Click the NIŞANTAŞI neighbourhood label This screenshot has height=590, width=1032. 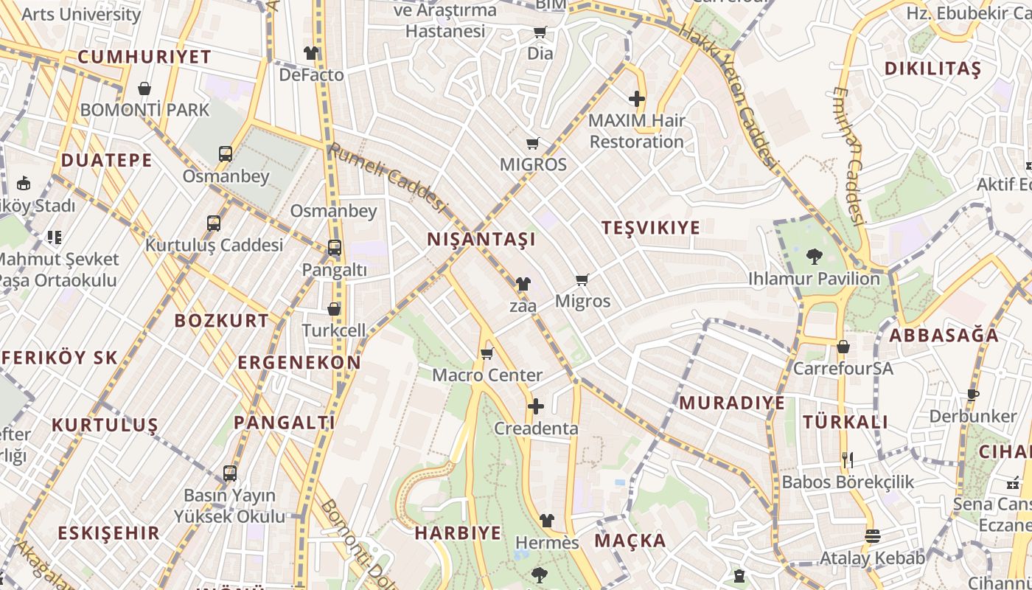click(x=481, y=240)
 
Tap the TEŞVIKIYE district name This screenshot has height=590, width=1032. click(x=650, y=228)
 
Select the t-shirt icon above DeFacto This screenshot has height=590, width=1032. click(x=311, y=53)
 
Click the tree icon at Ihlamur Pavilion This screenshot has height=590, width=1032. click(x=815, y=257)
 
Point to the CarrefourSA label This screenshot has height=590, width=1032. click(x=843, y=367)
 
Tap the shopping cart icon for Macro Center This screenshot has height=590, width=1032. click(x=487, y=353)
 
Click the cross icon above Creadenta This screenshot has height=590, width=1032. click(x=536, y=406)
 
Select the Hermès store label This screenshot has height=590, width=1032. click(x=547, y=543)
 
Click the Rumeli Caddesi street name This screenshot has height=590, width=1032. click(x=388, y=177)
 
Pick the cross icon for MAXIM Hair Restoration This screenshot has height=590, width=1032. click(x=637, y=98)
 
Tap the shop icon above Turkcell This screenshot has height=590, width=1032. click(x=334, y=309)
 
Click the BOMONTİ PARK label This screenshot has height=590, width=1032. click(x=144, y=110)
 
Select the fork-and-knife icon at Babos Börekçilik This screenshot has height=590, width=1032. click(x=848, y=460)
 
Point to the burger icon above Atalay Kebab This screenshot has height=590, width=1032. click(x=873, y=536)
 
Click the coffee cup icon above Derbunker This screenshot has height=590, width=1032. click(x=973, y=395)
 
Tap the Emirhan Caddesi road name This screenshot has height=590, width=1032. click(x=848, y=155)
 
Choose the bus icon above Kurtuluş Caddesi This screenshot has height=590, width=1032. click(x=214, y=223)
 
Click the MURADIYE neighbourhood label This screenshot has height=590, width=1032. click(x=732, y=403)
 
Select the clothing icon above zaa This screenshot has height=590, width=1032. click(x=523, y=283)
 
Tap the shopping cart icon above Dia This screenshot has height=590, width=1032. click(x=540, y=32)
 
